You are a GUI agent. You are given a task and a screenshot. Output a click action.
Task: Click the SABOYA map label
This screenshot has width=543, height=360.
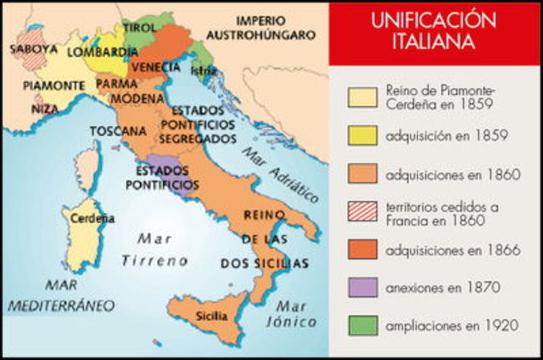[34, 49]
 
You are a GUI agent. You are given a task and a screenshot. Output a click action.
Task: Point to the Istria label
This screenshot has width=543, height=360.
[204, 70]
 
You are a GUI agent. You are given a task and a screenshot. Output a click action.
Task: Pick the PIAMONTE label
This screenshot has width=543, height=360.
[53, 86]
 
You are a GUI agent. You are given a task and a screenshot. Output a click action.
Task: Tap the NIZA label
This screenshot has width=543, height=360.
[46, 110]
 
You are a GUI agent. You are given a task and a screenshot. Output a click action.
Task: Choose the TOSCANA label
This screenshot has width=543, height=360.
[116, 131]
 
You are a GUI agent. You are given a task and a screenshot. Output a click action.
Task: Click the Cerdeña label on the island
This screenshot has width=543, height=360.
[92, 218]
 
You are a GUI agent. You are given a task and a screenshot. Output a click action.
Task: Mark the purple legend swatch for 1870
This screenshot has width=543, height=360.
[362, 286]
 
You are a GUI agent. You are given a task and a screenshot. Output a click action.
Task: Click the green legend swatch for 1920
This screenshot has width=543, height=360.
[362, 326]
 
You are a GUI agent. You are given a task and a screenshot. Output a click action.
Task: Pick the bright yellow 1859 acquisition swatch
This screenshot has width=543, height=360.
[362, 135]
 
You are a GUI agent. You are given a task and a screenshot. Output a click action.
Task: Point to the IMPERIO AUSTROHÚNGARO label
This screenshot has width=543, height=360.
[273, 27]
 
